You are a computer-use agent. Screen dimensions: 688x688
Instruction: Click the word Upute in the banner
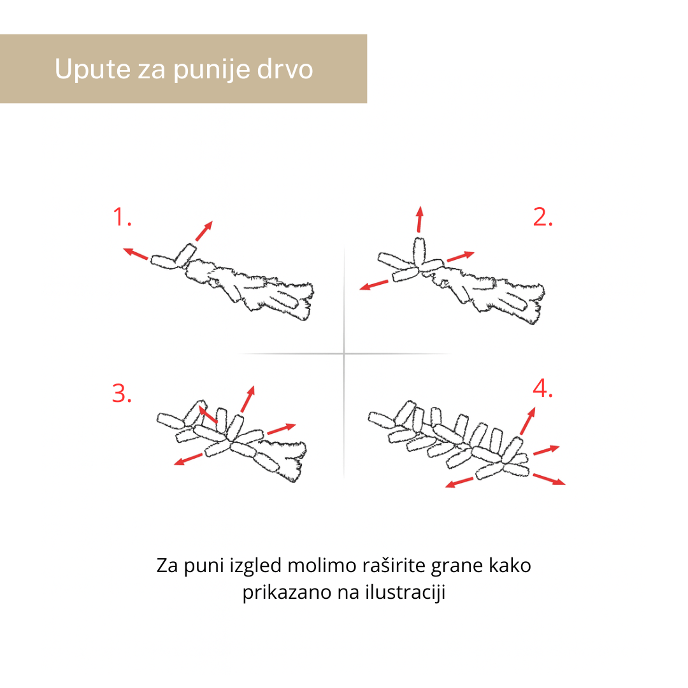(x=92, y=69)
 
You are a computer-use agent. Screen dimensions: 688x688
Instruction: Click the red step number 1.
(x=122, y=217)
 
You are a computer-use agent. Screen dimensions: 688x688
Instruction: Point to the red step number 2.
(x=543, y=217)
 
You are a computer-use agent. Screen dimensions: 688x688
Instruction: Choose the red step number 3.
(x=122, y=392)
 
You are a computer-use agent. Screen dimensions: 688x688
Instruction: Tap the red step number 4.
(x=543, y=389)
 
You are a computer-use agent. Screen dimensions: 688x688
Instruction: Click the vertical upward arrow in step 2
(x=420, y=219)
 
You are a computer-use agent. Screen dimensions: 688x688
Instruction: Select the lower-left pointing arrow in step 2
(x=374, y=285)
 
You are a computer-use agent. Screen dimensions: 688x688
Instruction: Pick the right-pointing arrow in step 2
(x=461, y=256)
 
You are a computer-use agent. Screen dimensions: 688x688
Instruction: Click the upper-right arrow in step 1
(x=204, y=231)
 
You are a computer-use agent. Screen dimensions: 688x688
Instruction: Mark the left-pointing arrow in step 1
(x=135, y=254)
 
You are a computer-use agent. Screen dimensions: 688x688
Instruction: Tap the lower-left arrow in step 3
(x=189, y=459)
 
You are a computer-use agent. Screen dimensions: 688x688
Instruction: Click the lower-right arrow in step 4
(x=549, y=478)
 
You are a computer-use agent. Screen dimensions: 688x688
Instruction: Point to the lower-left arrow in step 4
(x=459, y=483)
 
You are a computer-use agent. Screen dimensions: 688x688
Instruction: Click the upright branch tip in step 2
(x=419, y=252)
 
